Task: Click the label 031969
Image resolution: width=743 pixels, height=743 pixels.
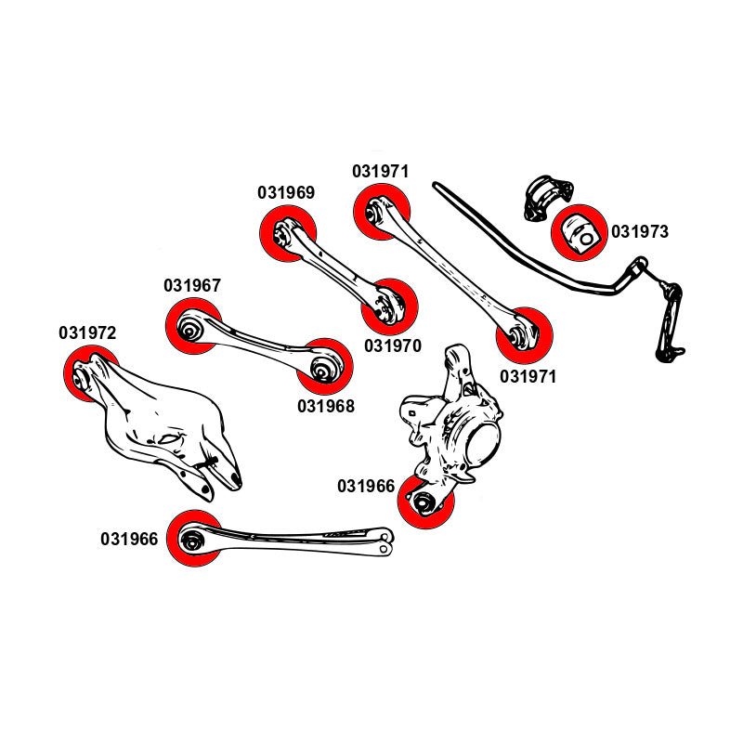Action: tap(286, 193)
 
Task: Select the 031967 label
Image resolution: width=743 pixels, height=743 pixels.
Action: tap(192, 285)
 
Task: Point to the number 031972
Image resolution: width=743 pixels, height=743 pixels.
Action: tap(87, 332)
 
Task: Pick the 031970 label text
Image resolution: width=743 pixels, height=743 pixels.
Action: tap(393, 345)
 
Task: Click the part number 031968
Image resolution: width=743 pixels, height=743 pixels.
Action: tap(326, 406)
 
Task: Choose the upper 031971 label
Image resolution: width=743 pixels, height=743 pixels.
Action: tap(380, 172)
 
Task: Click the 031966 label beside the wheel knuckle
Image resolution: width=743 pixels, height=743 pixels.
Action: tap(366, 486)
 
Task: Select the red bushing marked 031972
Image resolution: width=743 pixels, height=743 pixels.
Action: tap(88, 372)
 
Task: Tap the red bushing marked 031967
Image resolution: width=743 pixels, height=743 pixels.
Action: tap(193, 327)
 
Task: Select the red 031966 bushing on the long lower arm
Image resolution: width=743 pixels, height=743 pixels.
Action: tap(195, 539)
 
